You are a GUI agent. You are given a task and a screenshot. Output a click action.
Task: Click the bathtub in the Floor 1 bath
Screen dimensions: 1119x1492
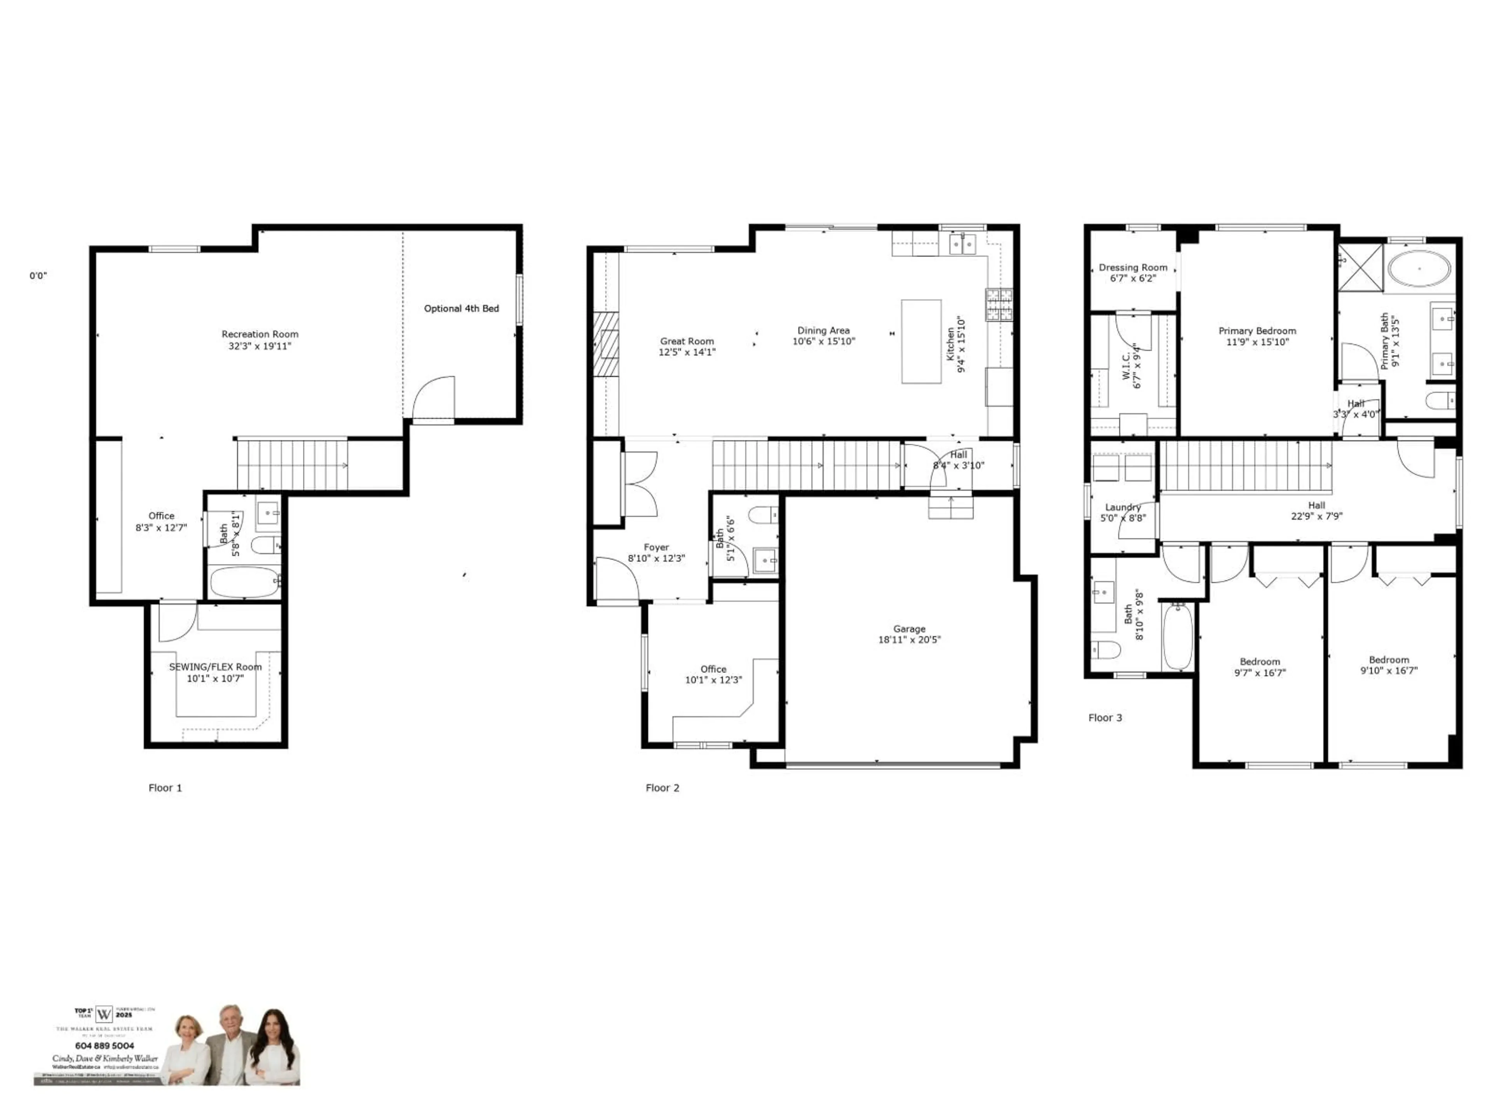(244, 582)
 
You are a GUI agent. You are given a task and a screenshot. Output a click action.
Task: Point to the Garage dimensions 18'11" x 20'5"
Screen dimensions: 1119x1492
(909, 640)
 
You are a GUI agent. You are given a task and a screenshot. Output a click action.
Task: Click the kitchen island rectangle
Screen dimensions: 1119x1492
(921, 342)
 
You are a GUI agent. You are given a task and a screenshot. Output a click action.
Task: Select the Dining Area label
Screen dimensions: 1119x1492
(824, 331)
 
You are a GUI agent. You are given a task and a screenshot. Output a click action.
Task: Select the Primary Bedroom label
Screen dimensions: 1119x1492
(1257, 331)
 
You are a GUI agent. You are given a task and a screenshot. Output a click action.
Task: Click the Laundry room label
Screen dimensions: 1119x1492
(1123, 507)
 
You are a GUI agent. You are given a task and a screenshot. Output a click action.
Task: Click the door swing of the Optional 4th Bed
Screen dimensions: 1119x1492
(432, 398)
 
